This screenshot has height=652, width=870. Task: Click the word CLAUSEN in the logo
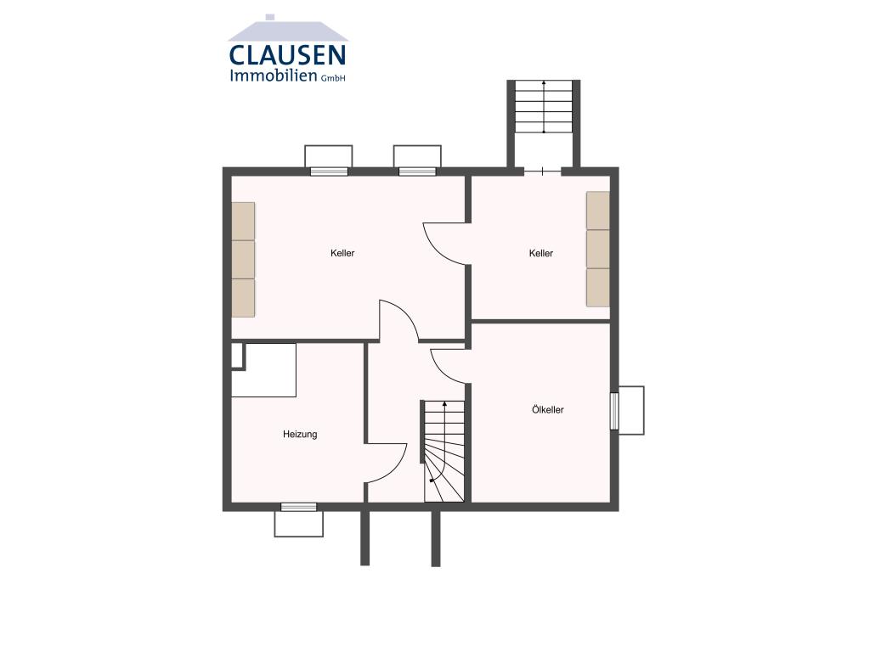tap(287, 55)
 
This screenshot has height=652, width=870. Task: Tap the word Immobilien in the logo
tap(273, 76)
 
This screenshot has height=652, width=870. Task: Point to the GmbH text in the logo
tap(333, 78)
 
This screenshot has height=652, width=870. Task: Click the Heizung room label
tap(300, 435)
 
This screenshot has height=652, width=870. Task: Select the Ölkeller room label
tap(548, 410)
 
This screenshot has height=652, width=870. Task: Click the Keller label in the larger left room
tap(342, 253)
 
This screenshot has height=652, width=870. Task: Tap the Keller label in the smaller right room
tap(541, 253)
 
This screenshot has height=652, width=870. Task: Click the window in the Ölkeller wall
tap(614, 411)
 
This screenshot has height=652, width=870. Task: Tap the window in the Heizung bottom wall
tap(298, 507)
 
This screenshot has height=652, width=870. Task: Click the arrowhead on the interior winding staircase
tap(444, 404)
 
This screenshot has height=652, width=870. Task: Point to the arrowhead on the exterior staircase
tap(544, 82)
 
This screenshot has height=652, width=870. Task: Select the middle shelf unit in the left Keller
tap(243, 260)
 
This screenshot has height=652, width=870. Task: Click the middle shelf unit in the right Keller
tap(598, 249)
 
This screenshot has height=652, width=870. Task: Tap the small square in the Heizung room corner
tap(237, 356)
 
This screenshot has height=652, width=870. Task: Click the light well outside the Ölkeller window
tap(631, 410)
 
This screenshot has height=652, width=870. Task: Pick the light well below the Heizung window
tap(298, 524)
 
